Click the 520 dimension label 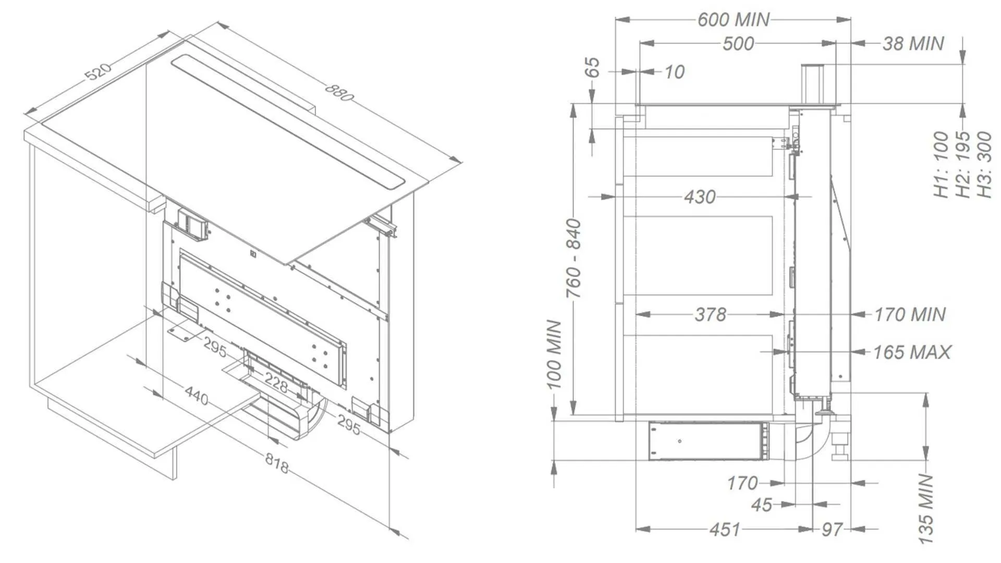98,71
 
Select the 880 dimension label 339,92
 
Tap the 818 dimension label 276,463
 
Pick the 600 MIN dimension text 733,20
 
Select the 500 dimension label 738,43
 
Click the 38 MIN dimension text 913,43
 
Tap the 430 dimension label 700,197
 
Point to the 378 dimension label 711,314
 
